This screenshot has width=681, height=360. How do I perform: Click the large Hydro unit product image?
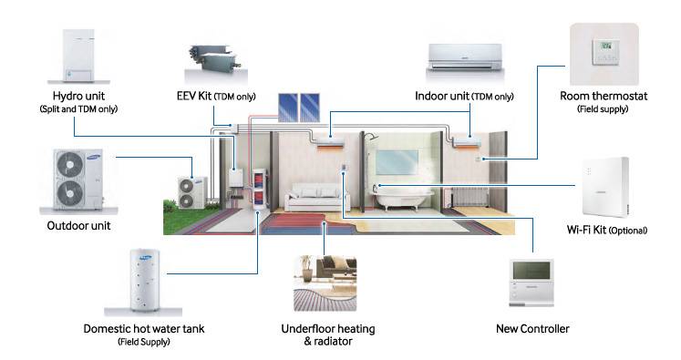coord(71,52)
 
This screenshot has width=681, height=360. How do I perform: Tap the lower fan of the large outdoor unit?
coord(70,193)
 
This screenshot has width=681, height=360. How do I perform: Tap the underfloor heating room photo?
coord(325,284)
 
